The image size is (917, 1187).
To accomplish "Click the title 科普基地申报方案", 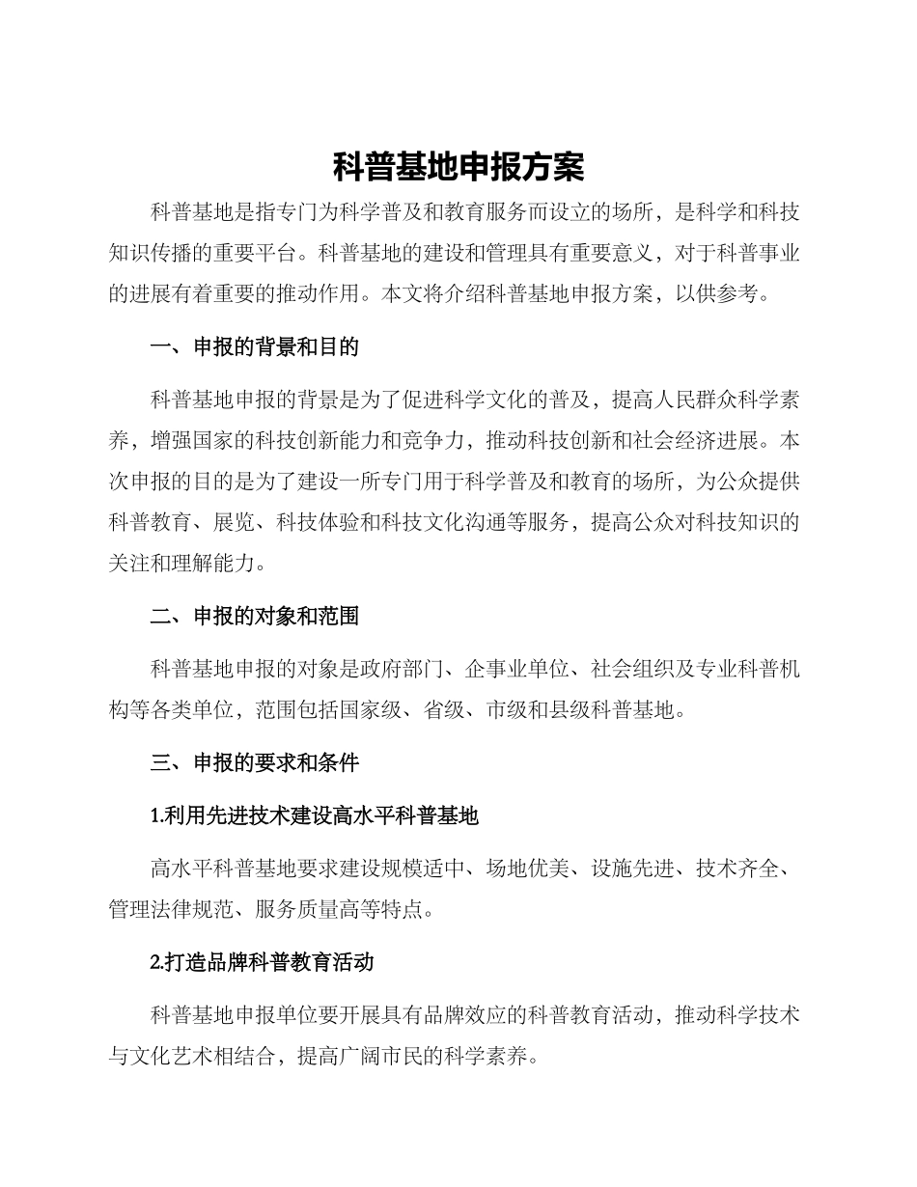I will coord(458,167).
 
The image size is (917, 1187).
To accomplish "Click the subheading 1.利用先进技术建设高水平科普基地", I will coord(315,815).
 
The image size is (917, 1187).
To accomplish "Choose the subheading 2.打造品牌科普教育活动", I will coord(263,962).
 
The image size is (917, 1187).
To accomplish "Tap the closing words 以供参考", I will coord(716,294).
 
